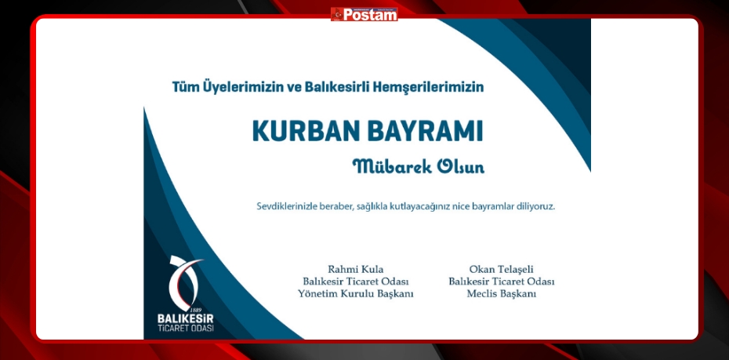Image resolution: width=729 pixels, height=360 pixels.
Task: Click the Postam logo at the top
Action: click(x=364, y=14)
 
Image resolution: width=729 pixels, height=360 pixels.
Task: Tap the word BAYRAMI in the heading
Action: click(x=426, y=132)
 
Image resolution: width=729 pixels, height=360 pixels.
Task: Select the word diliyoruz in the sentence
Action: click(x=535, y=206)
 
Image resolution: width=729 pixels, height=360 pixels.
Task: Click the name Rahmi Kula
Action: click(x=356, y=269)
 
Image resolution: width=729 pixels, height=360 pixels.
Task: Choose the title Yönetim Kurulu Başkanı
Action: click(x=356, y=294)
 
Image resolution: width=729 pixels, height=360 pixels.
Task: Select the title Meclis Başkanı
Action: click(x=501, y=294)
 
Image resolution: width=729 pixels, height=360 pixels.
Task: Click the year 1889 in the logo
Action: click(x=197, y=310)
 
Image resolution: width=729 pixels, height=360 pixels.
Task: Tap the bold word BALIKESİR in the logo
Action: click(x=186, y=319)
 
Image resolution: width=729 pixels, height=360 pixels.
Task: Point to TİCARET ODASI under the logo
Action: click(x=186, y=329)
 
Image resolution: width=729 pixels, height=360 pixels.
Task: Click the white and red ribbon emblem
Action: click(x=184, y=282)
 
